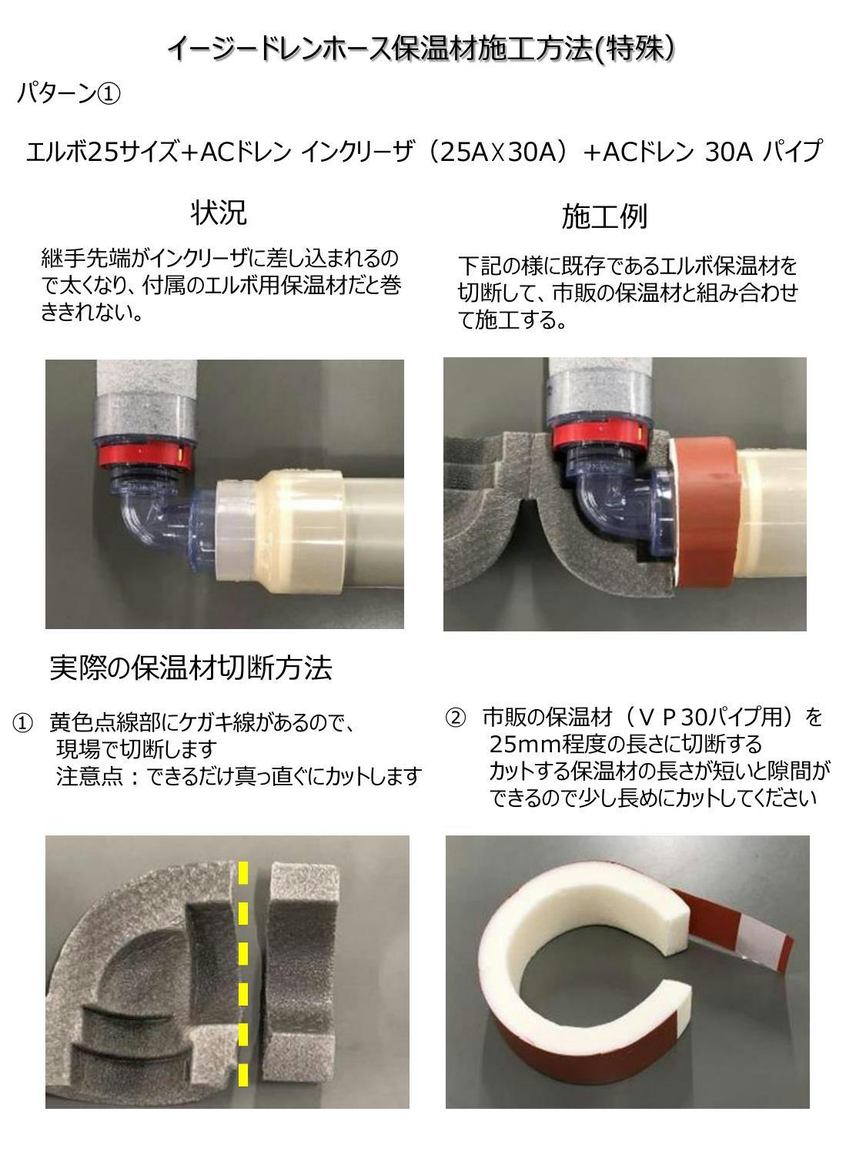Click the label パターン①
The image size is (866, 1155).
point(69,94)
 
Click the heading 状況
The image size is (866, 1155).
point(219,213)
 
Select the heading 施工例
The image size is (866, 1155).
point(604,216)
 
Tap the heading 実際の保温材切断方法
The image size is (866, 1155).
point(191,668)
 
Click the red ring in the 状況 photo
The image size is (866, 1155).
point(142,452)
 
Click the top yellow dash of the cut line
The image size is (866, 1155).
point(243,873)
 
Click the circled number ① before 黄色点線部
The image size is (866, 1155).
point(22,723)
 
